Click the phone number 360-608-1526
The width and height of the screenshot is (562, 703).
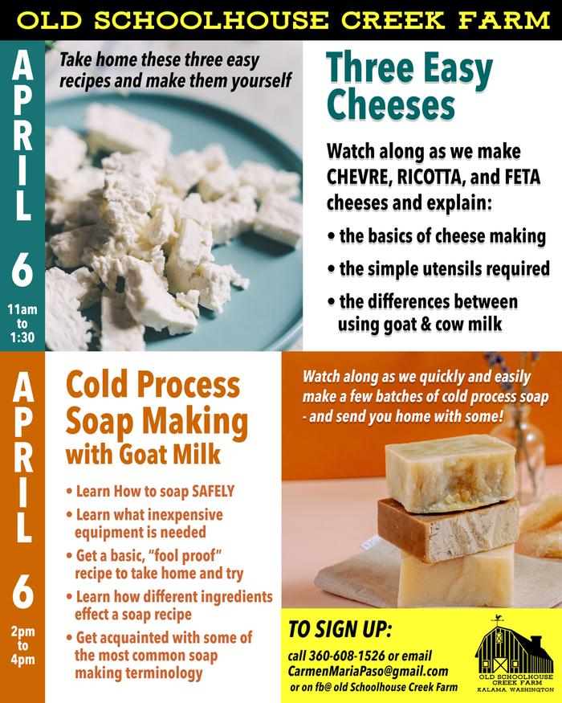pyautogui.click(x=347, y=656)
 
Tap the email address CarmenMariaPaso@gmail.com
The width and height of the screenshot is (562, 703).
pyautogui.click(x=368, y=671)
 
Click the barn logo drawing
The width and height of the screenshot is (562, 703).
pyautogui.click(x=515, y=644)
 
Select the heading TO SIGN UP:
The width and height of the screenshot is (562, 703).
pyautogui.click(x=340, y=629)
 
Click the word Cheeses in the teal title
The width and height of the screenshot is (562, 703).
pyautogui.click(x=391, y=104)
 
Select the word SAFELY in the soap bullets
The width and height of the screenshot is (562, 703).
pyautogui.click(x=213, y=491)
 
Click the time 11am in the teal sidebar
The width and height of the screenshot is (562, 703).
pyautogui.click(x=22, y=309)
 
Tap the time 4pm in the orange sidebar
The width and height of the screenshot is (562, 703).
pyautogui.click(x=22, y=660)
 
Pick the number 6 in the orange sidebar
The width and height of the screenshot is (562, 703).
pyautogui.click(x=22, y=592)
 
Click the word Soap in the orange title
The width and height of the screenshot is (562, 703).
pyautogui.click(x=99, y=422)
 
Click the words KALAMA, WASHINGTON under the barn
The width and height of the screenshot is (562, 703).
pyautogui.click(x=515, y=689)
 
